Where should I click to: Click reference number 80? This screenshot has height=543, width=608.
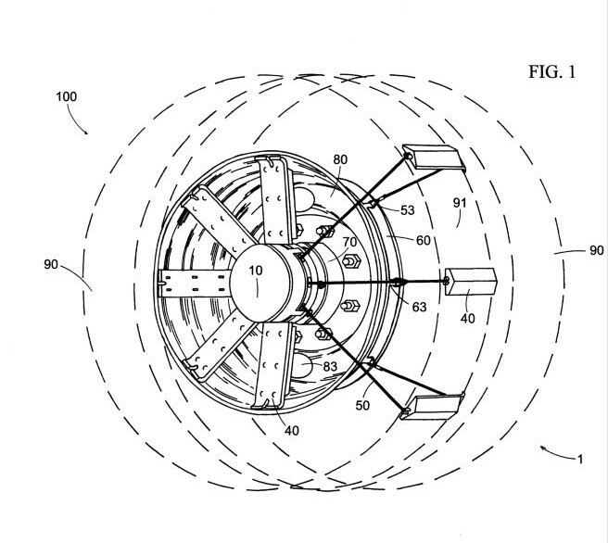[x=340, y=159]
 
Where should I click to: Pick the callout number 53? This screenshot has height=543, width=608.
[x=407, y=210]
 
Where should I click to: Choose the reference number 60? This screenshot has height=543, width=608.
[x=423, y=240]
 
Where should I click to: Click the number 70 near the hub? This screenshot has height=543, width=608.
[x=351, y=243]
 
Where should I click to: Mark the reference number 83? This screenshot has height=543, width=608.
[x=331, y=366]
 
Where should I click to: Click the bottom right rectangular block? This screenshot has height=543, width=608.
[x=433, y=404]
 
